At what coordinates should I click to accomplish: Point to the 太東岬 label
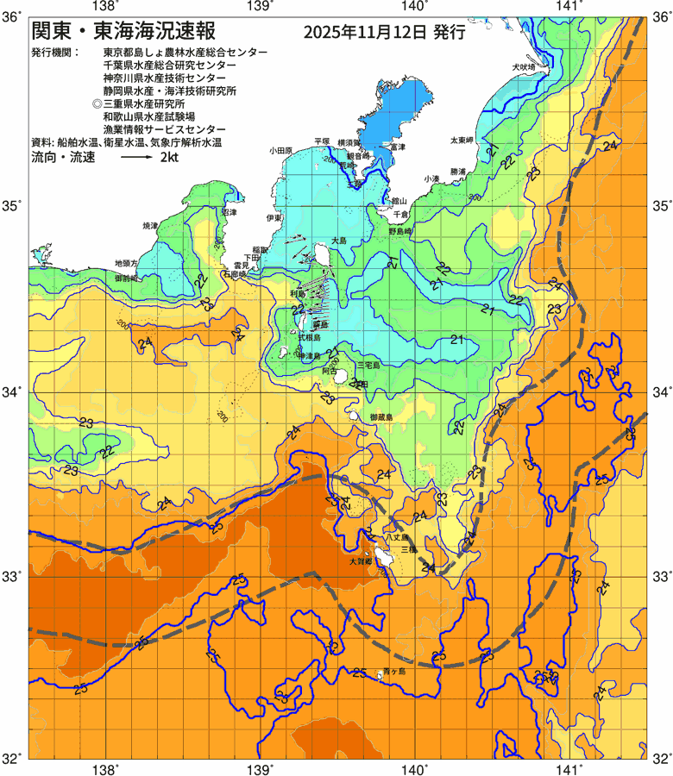(x=461, y=140)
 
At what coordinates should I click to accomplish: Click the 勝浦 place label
(x=457, y=171)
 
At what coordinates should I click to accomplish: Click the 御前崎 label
(x=125, y=278)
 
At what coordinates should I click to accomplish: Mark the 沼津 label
(x=230, y=211)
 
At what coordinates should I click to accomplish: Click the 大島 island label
(x=338, y=241)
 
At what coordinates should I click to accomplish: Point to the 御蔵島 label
(x=381, y=416)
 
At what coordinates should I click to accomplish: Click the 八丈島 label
(x=397, y=536)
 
